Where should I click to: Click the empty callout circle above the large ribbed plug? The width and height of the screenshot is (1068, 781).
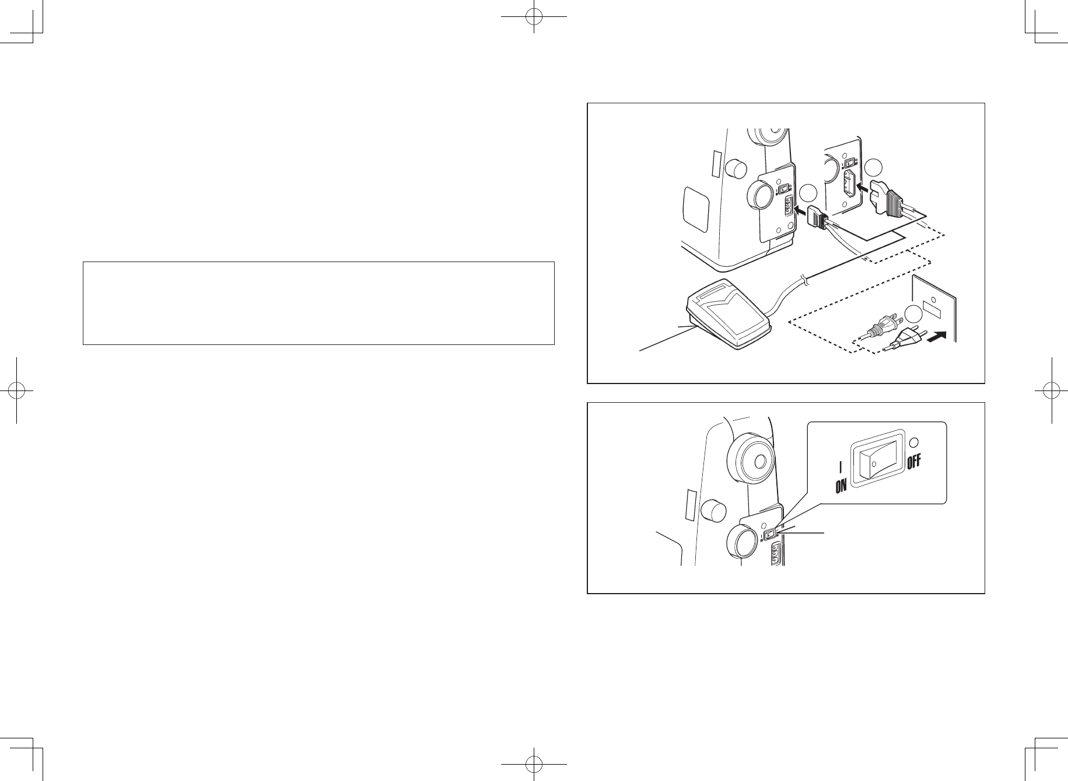874,168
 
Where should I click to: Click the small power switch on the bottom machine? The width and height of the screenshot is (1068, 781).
771,534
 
